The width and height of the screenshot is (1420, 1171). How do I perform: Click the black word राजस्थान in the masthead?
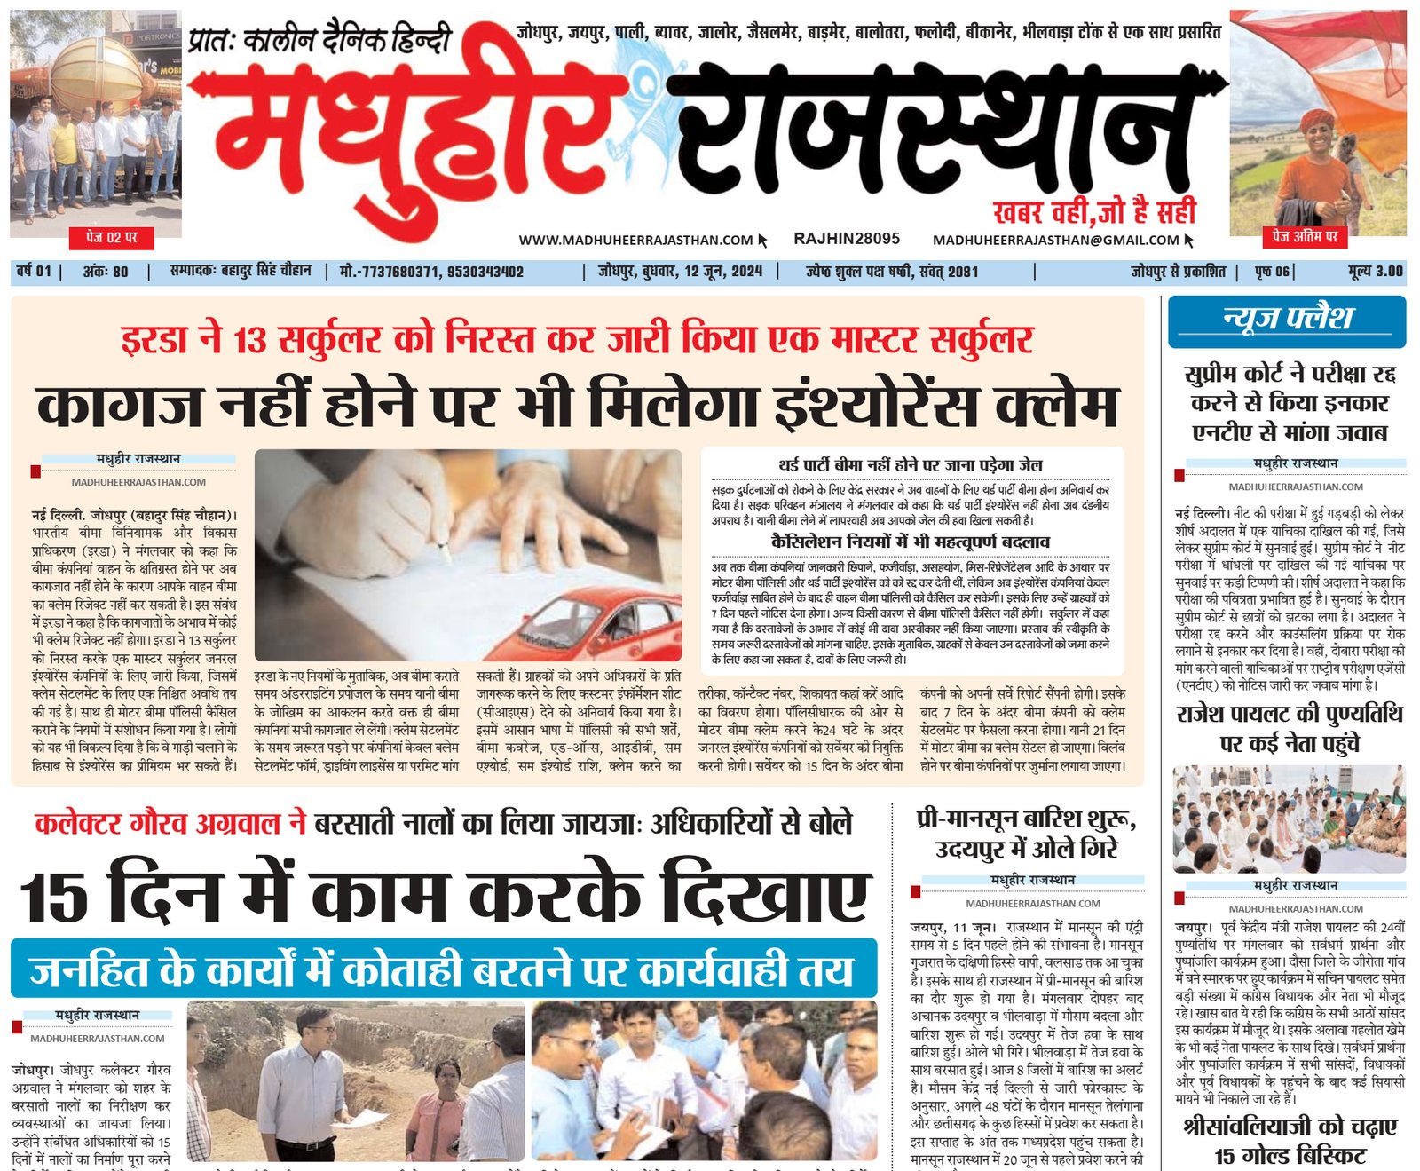(x=941, y=133)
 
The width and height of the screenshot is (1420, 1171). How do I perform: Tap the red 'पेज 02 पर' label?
(x=112, y=238)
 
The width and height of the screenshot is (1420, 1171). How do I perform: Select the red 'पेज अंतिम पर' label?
(x=1305, y=236)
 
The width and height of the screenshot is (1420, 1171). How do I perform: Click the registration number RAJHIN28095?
(x=847, y=239)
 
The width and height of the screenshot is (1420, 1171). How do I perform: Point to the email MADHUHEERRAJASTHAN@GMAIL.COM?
(x=1056, y=240)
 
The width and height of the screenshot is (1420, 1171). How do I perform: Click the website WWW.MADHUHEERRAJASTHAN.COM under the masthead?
(x=635, y=240)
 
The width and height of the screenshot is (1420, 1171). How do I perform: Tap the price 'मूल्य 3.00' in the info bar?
(x=1375, y=272)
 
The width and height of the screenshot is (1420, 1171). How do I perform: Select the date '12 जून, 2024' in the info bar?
(x=722, y=272)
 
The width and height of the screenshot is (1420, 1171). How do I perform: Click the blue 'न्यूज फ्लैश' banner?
(x=1287, y=319)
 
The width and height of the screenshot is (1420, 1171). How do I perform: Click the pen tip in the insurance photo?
(x=447, y=557)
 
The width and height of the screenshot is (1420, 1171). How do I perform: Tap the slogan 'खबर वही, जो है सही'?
(x=1094, y=211)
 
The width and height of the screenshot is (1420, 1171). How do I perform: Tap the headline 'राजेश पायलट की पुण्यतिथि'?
(x=1290, y=715)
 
